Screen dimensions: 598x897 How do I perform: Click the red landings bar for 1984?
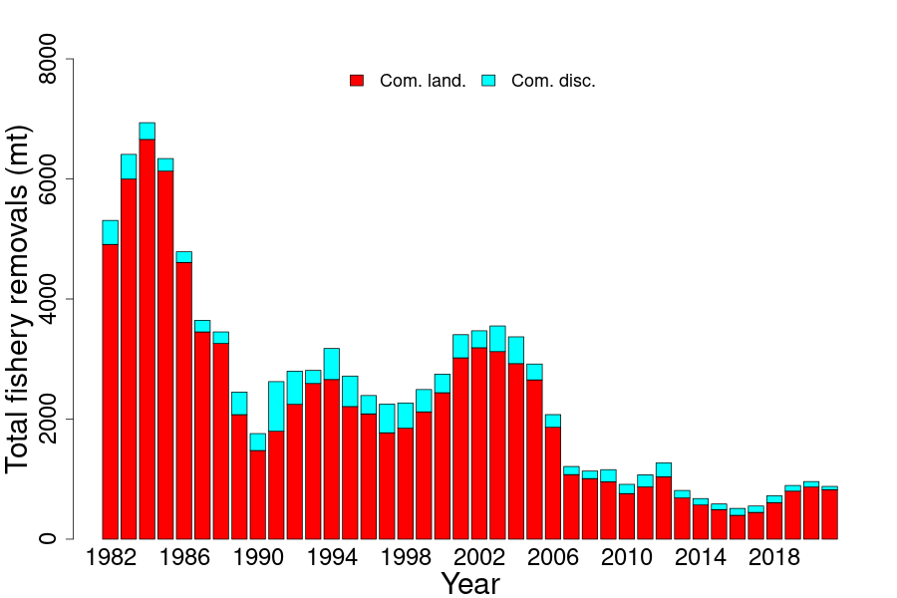coord(147,339)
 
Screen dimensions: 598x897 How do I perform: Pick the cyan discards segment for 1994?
coord(332,363)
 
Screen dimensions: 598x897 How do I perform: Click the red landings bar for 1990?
coord(258,494)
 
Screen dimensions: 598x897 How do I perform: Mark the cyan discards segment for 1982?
coord(110,232)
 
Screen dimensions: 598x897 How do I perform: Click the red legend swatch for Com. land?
coord(357,81)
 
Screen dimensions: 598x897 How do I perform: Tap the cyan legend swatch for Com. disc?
coord(488,81)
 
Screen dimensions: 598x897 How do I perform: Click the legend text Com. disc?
coord(553,81)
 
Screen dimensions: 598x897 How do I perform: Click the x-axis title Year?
coord(470,583)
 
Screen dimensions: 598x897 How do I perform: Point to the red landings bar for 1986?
coord(183,400)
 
